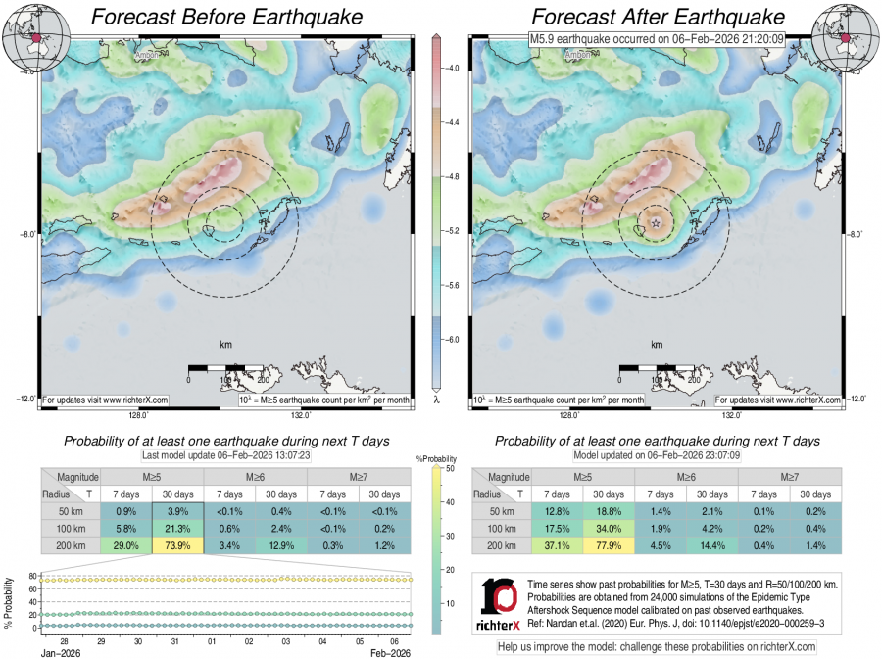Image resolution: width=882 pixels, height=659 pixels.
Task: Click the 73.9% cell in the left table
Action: click(177, 545)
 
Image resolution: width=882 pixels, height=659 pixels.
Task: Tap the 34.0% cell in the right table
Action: click(609, 529)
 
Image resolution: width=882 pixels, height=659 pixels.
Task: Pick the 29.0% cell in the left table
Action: click(125, 545)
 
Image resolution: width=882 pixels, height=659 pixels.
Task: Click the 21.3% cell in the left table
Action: click(177, 529)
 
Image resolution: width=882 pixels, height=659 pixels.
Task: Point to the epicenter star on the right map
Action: click(656, 223)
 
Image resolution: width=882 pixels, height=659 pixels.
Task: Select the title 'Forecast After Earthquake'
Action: click(658, 17)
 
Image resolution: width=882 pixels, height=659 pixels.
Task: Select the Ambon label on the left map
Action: click(154, 55)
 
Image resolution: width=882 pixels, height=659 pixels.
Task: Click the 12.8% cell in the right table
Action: click(557, 512)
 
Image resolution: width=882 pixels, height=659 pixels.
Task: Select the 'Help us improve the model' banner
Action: click(657, 647)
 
